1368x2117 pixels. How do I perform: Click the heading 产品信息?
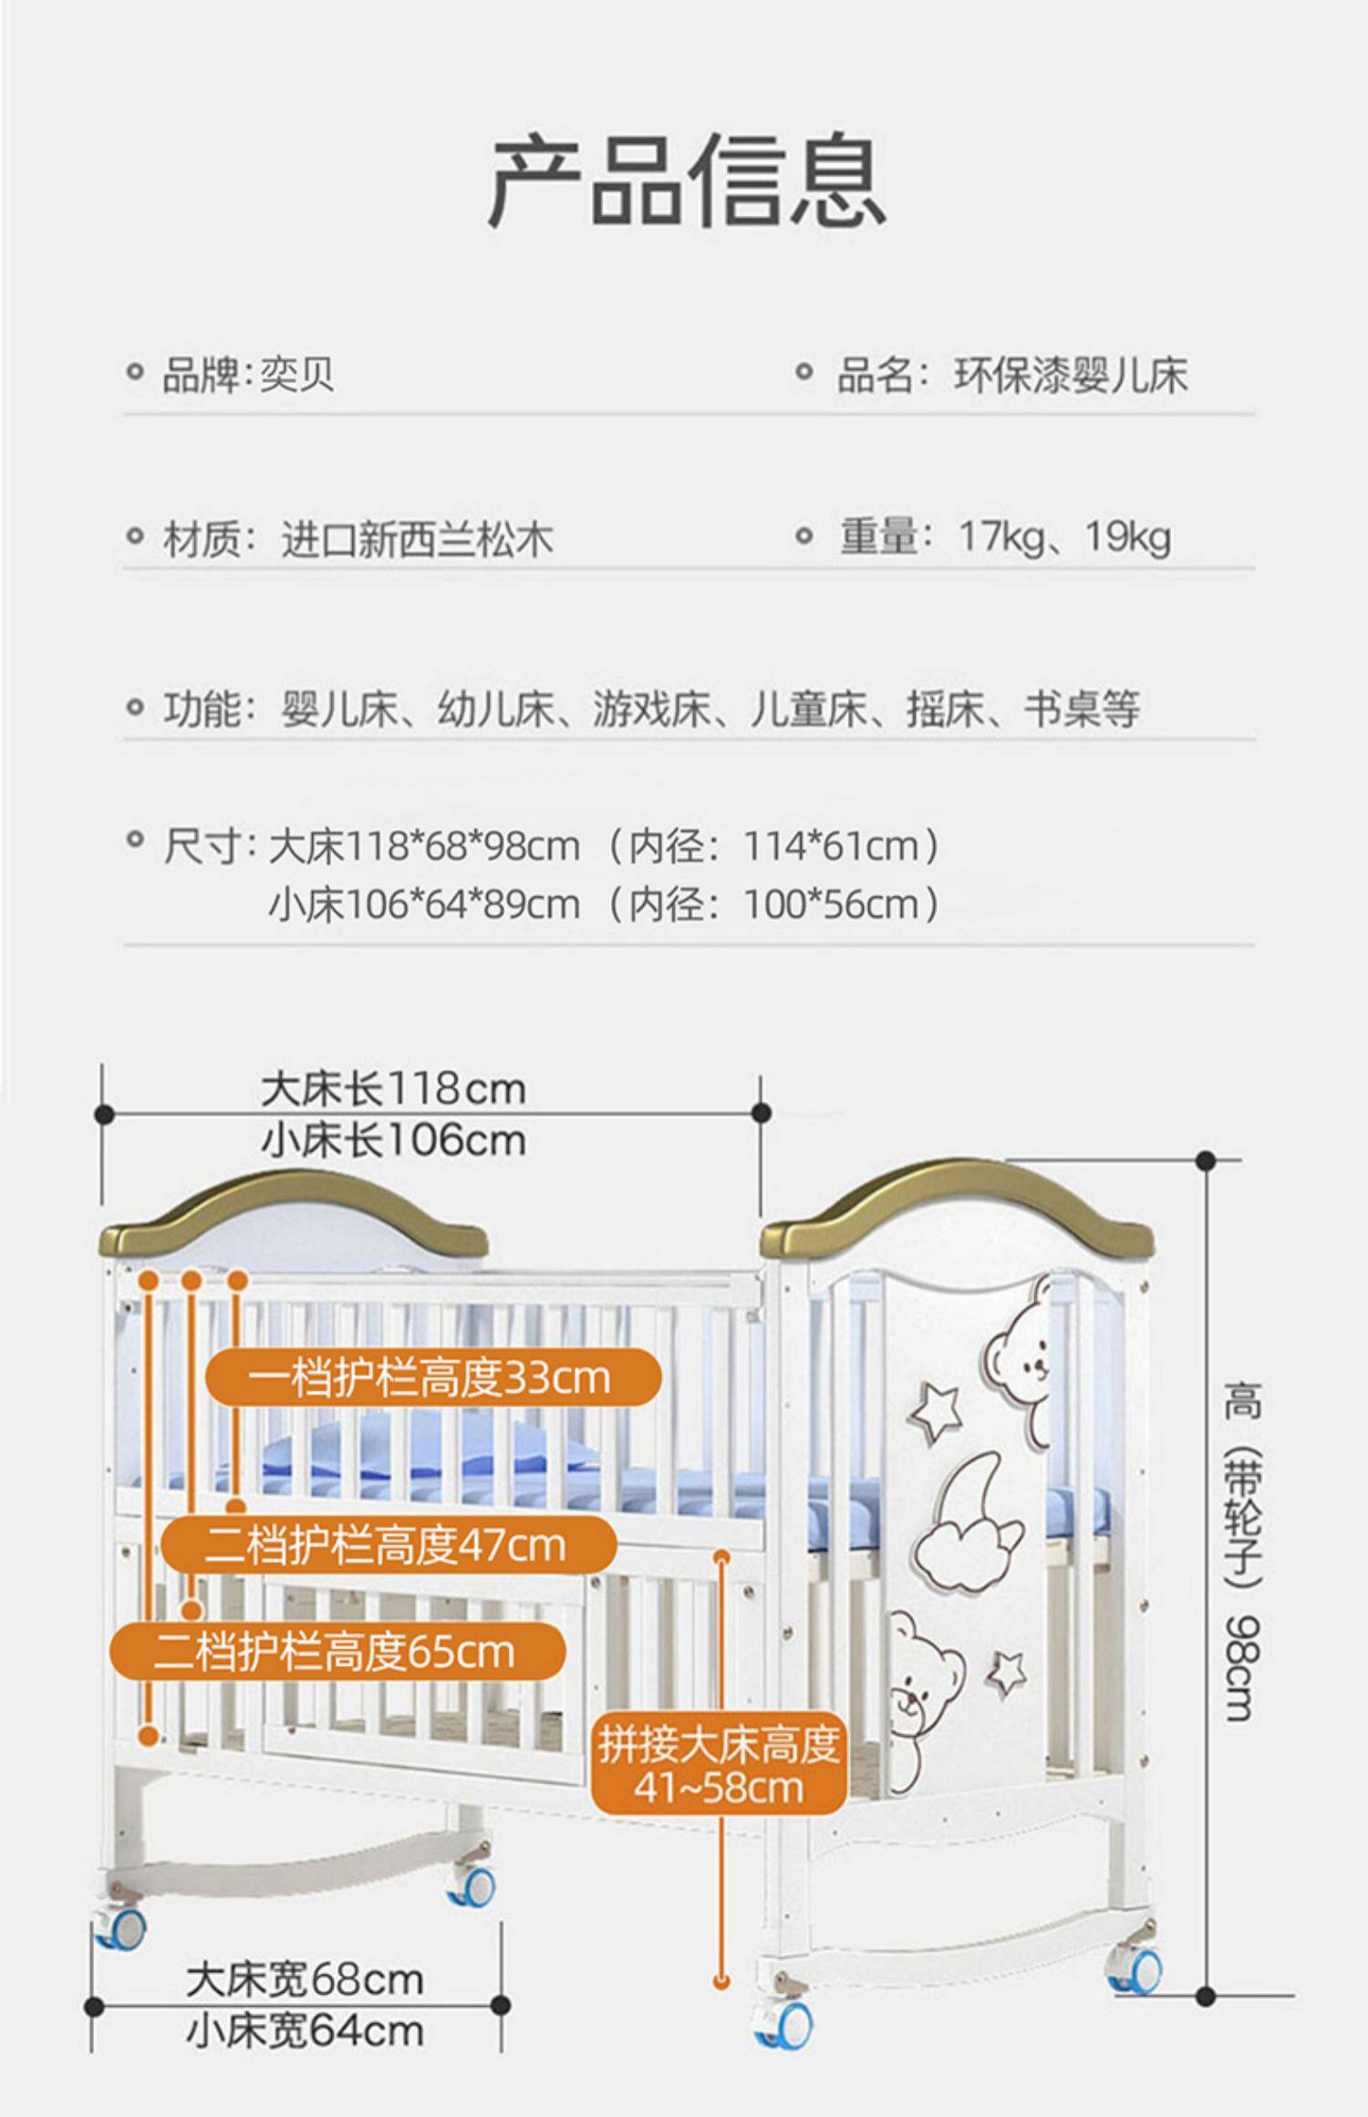[x=686, y=180]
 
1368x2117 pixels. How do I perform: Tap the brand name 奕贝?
[x=297, y=375]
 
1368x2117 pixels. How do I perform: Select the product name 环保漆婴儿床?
[x=1071, y=376]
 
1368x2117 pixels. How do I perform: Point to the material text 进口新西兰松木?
[x=417, y=540]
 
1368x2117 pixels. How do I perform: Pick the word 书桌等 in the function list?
[x=1082, y=709]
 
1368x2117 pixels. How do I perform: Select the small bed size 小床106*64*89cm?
[x=424, y=905]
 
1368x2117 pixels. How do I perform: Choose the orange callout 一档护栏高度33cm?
[x=432, y=1378]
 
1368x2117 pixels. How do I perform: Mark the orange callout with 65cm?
[x=337, y=1651]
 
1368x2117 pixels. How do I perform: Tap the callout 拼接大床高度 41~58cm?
[x=719, y=1766]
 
